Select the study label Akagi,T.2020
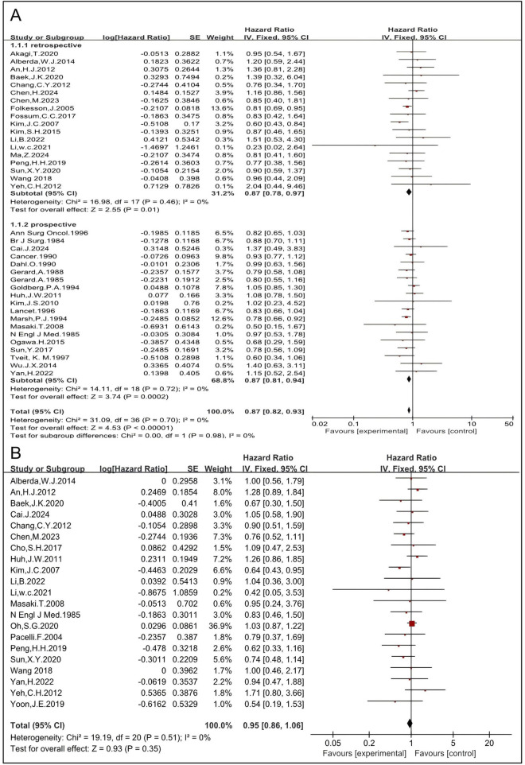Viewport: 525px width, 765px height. (x=33, y=49)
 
